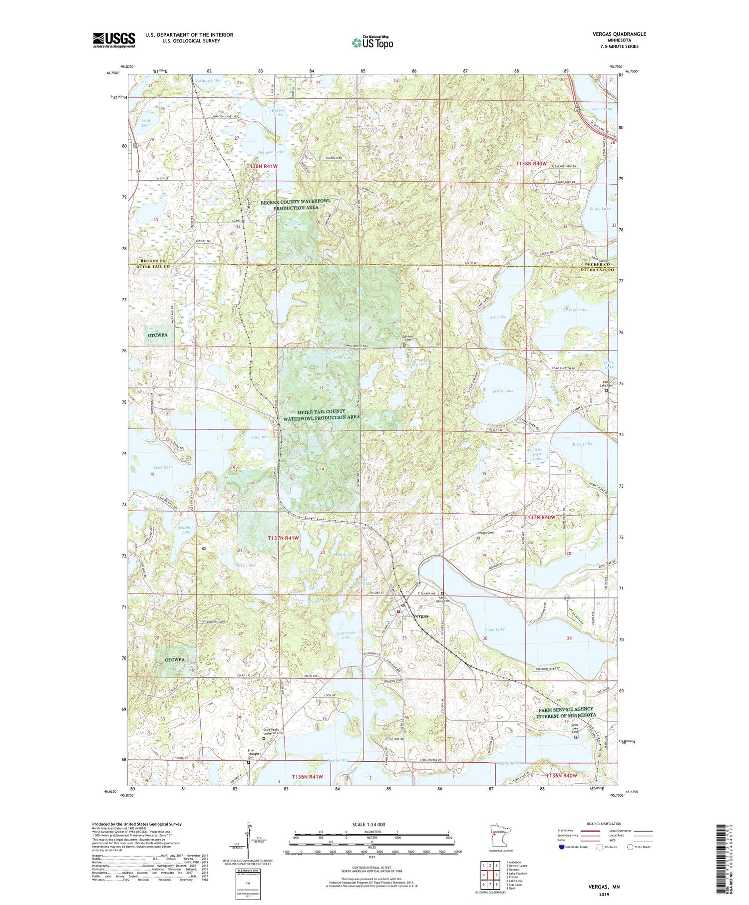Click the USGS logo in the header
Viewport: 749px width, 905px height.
114,40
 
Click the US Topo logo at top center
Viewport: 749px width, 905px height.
372,43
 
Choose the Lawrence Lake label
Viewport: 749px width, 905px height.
346,635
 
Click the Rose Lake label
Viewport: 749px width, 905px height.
582,444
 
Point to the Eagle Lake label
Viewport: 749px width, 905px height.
600,209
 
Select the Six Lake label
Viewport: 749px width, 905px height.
498,317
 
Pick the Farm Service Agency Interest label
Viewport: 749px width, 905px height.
566,712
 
